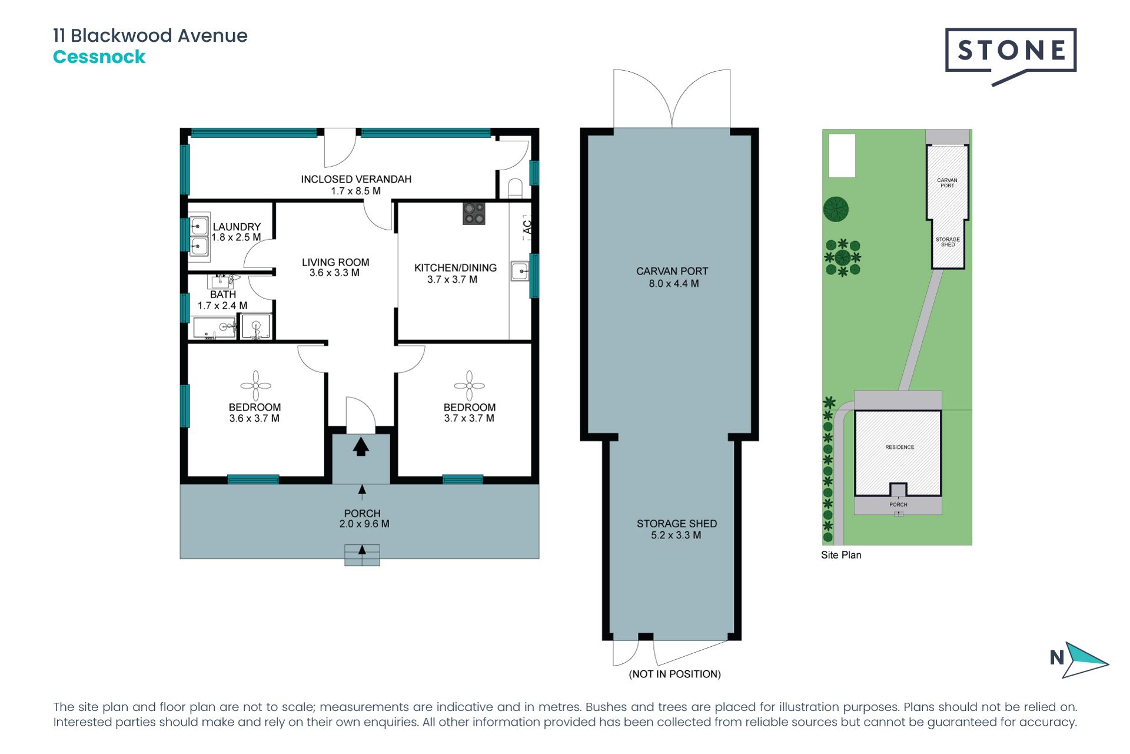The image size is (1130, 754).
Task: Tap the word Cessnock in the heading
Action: (99, 57)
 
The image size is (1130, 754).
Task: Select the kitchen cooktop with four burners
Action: (474, 213)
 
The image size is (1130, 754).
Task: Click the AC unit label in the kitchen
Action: (527, 227)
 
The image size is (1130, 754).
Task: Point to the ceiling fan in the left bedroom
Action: (256, 386)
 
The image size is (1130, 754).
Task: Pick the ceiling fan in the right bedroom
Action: (469, 386)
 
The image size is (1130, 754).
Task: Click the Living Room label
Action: (335, 262)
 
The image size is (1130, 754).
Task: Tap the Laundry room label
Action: (237, 227)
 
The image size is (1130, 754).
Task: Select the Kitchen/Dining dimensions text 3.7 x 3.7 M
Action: (452, 279)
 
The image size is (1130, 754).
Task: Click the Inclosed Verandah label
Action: (356, 179)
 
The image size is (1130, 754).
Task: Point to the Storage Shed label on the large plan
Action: (677, 524)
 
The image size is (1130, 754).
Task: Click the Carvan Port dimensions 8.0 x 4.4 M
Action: (674, 283)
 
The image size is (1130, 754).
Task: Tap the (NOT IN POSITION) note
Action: (675, 674)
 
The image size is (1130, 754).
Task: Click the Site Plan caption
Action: (841, 555)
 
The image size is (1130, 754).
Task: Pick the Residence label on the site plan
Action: (900, 447)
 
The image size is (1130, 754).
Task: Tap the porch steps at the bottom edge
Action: (362, 555)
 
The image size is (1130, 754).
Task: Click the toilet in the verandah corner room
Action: (515, 188)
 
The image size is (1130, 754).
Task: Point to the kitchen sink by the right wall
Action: (520, 271)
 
